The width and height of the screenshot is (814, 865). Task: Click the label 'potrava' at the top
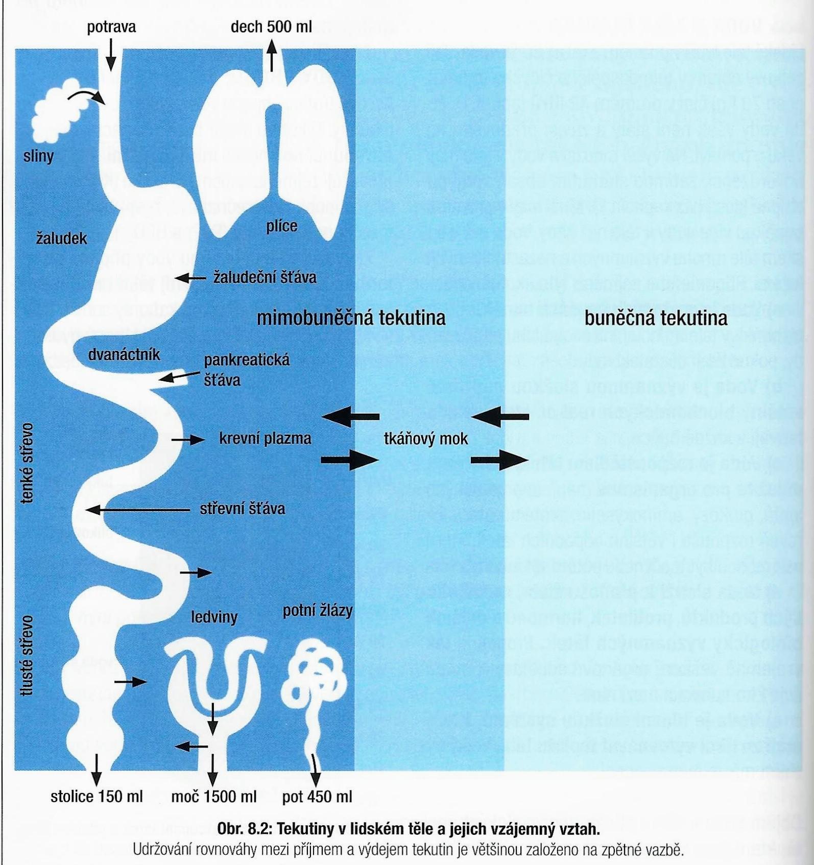click(x=111, y=27)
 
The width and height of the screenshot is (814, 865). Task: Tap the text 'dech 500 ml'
click(x=271, y=27)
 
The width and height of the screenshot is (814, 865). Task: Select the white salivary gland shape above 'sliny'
click(x=55, y=111)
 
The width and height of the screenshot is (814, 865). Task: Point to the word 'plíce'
click(x=281, y=225)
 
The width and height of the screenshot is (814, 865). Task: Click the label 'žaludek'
click(x=62, y=238)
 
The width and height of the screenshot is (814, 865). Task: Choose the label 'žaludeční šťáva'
click(x=265, y=277)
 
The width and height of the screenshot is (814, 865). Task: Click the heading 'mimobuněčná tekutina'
click(x=351, y=318)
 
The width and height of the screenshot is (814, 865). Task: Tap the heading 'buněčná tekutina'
click(x=656, y=318)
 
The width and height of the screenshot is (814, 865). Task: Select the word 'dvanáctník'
click(x=124, y=354)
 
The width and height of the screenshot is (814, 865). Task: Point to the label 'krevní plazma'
click(x=265, y=439)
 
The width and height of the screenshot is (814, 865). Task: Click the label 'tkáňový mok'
click(x=425, y=439)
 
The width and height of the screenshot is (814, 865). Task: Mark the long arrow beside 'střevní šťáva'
click(x=138, y=510)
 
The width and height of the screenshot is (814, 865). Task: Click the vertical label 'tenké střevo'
click(x=27, y=463)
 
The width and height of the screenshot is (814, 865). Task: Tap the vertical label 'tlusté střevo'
click(x=27, y=655)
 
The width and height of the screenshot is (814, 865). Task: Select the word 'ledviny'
click(x=214, y=617)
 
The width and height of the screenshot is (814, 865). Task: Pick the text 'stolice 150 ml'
click(x=97, y=797)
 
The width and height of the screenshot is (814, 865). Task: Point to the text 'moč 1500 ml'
click(x=214, y=797)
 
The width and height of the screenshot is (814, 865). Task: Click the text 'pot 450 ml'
click(x=317, y=797)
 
